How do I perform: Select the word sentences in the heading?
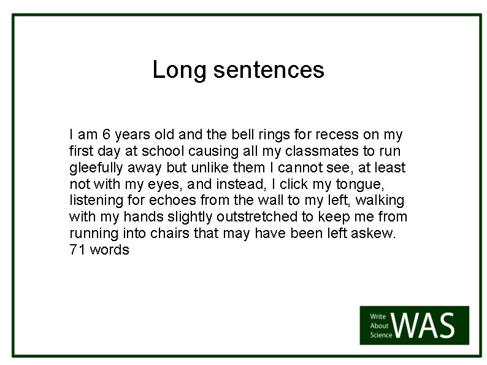pos(268,70)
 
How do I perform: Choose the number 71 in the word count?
pos(77,250)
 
